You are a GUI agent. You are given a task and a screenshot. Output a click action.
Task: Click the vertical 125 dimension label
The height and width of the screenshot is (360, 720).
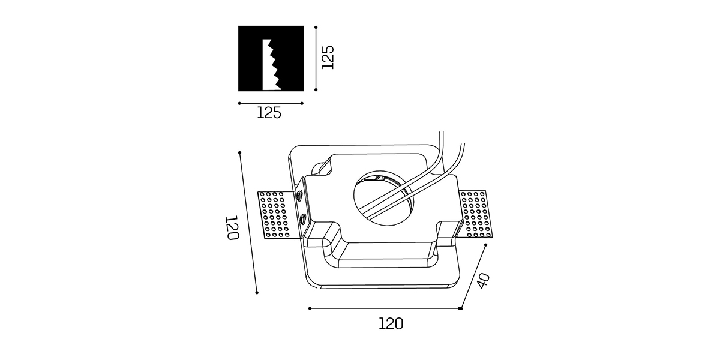point(328,57)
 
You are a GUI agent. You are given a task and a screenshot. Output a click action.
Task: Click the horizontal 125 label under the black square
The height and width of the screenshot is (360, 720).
point(269,113)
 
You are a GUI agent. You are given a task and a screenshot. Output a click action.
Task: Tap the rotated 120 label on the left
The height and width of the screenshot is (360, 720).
point(232,227)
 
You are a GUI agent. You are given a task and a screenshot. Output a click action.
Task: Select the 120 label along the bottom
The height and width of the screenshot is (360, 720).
point(391,323)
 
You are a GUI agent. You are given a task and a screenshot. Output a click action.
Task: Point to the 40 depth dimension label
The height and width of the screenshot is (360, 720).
point(483,281)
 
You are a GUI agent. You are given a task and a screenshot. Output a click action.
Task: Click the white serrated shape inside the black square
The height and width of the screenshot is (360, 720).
point(272,65)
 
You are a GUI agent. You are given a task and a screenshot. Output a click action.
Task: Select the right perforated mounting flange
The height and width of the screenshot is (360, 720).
point(475,214)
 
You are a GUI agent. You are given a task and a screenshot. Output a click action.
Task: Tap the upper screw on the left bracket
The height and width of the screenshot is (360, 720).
point(299,195)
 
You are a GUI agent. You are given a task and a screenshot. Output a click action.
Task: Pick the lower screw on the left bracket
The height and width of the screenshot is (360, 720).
point(302,220)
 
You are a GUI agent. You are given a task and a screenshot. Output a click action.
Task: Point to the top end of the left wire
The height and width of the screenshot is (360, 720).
point(442,132)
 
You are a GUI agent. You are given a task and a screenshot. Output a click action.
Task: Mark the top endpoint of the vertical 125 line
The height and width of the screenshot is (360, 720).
point(316,28)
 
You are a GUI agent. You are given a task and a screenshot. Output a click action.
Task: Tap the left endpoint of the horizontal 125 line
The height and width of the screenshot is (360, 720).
point(239,103)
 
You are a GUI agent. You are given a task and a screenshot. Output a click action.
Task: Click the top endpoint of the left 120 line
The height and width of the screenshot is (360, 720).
point(240,152)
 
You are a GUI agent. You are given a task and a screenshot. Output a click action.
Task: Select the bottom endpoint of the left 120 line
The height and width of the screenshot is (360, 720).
point(257,293)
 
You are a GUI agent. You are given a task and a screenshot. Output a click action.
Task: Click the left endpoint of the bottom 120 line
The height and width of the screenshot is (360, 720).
point(310,308)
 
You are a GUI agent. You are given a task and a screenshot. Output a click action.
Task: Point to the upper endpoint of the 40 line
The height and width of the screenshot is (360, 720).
point(485,245)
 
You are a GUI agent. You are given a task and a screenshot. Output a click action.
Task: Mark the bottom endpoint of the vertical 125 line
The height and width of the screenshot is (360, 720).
point(316,89)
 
